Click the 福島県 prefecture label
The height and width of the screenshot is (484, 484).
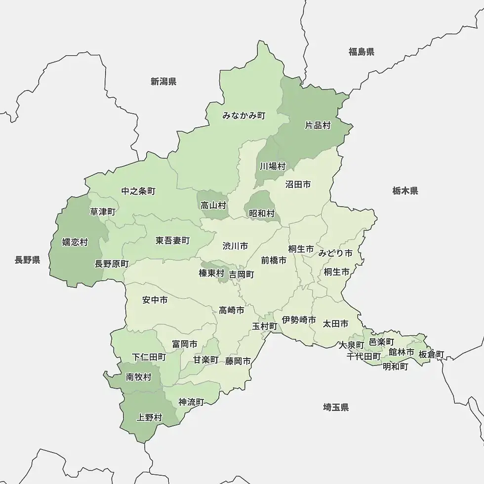pos(361,52)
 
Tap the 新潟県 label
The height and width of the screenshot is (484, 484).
pos(163,81)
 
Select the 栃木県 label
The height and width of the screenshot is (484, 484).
pos(405,191)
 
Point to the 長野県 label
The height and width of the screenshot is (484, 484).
pos(27,260)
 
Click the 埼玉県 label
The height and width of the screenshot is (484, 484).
pos(336,407)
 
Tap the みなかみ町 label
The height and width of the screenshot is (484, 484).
pos(243,116)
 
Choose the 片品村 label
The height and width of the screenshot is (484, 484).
pos(318,125)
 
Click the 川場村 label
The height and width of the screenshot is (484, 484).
pos(273,166)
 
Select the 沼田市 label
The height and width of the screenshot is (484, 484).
pos(298,184)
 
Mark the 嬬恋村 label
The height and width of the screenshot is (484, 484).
pos(75,242)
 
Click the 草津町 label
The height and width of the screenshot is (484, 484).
pos(103,212)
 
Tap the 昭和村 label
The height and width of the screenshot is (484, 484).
pos(262,213)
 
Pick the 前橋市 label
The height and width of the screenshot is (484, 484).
pos(274,260)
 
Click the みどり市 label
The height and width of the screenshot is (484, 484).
pos(335,253)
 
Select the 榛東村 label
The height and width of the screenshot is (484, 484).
pos(211,273)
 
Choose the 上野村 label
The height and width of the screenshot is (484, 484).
pos(149,418)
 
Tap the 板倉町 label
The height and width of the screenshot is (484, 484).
pos(431,354)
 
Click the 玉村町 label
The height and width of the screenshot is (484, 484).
pos(265,326)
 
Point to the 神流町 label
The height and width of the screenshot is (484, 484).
pos(191,402)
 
